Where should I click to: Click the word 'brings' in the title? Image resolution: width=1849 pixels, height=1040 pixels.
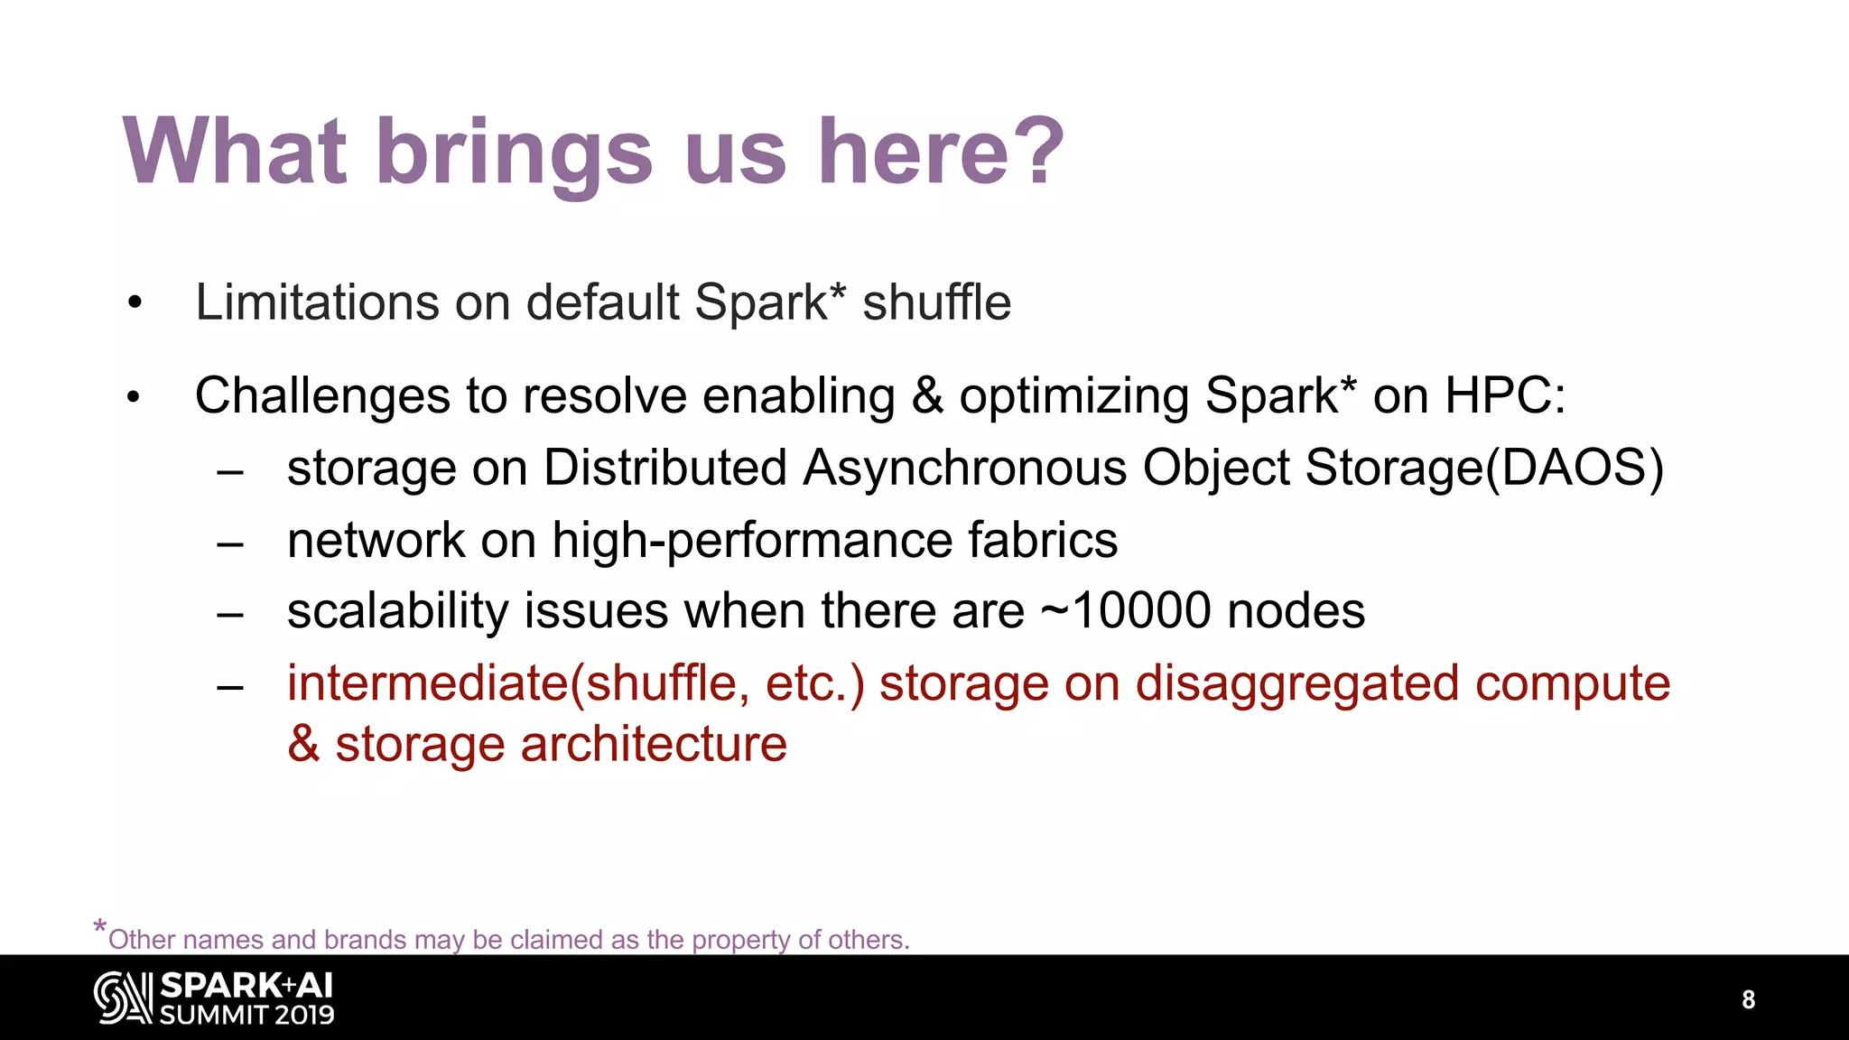pyautogui.click(x=514, y=153)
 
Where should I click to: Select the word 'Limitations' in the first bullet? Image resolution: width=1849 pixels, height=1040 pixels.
pyautogui.click(x=316, y=302)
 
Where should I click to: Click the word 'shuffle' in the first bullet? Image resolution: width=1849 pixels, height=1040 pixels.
pyautogui.click(x=936, y=302)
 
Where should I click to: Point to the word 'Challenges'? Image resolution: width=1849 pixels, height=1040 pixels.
pyautogui.click(x=322, y=396)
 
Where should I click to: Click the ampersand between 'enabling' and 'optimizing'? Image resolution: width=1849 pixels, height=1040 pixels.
pyautogui.click(x=927, y=396)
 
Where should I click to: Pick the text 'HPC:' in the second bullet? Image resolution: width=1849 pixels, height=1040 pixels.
pyautogui.click(x=1505, y=396)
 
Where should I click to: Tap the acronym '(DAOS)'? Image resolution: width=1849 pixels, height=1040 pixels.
pyautogui.click(x=1575, y=469)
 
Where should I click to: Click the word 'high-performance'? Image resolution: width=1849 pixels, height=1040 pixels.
pyautogui.click(x=752, y=541)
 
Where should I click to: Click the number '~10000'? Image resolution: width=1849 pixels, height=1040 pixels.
pyautogui.click(x=1125, y=611)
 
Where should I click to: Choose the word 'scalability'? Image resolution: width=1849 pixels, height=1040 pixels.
pyautogui.click(x=397, y=611)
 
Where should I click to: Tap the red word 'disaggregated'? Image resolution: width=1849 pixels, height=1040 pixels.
pyautogui.click(x=1297, y=683)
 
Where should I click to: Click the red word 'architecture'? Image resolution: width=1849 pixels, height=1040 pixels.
pyautogui.click(x=653, y=745)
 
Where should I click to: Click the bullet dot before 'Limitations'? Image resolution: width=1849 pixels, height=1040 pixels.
pyautogui.click(x=135, y=304)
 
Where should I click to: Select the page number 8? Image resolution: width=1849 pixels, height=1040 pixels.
pyautogui.click(x=1748, y=999)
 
